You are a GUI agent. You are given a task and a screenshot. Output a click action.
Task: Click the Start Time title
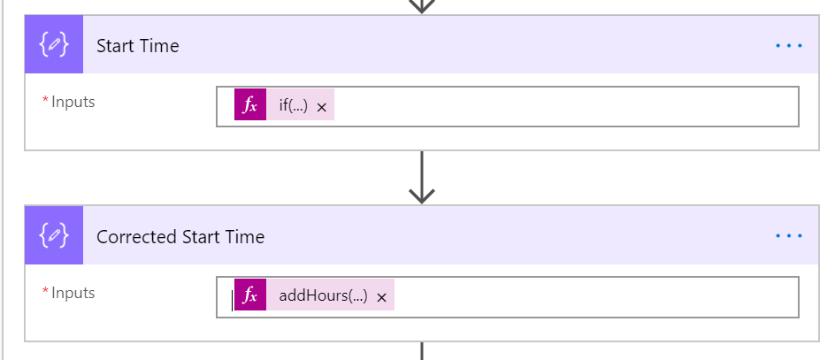pos(137,46)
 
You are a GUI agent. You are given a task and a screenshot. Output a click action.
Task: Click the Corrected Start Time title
pos(180,236)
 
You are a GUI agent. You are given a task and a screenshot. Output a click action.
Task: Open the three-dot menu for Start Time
pos(789,46)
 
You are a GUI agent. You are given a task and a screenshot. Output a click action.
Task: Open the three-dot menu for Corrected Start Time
pos(789,236)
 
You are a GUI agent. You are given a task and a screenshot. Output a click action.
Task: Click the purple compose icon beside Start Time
pos(54,44)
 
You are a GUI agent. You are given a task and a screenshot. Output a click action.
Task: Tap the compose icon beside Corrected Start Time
pos(54,235)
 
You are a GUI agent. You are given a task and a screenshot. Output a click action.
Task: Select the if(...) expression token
pos(294,105)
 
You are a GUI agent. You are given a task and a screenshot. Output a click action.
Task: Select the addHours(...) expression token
pos(323,295)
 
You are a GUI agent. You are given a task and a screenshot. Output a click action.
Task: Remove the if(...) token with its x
pos(321,108)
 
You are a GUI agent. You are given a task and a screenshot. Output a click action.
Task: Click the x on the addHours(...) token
pos(381,298)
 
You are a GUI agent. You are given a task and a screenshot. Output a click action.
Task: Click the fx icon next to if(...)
pos(250,105)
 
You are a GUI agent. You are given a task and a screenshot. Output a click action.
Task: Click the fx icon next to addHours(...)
pos(250,295)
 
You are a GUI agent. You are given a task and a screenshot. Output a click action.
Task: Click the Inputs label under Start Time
pos(73,102)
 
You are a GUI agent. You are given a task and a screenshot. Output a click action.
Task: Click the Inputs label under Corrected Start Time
pos(73,293)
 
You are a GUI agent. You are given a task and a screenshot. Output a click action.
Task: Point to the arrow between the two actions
pos(422,177)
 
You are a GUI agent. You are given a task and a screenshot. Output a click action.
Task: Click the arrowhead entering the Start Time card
pos(422,7)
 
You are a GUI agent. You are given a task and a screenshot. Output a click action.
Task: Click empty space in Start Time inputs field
pos(564,106)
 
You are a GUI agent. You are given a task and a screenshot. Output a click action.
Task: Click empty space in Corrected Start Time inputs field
pos(594,297)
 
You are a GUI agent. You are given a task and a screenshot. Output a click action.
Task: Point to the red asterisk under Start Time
pos(45,100)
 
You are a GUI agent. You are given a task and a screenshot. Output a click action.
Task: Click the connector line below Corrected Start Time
pos(422,351)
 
